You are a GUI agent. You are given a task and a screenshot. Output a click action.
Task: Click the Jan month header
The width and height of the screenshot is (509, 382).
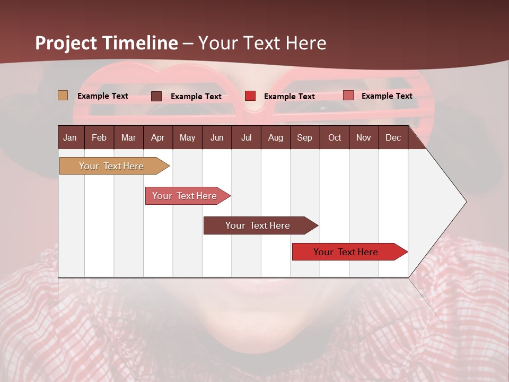pos(70,137)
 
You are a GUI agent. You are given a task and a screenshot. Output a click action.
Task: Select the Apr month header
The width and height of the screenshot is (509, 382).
pos(157,137)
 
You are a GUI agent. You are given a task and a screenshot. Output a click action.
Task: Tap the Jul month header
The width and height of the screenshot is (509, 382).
pos(246,137)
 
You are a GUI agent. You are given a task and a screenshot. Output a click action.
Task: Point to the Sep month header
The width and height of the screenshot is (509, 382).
pos(304,137)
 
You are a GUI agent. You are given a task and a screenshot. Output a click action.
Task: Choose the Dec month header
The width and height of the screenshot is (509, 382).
pos(393,137)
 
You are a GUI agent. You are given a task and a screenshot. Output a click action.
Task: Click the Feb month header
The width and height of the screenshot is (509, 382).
pos(99,137)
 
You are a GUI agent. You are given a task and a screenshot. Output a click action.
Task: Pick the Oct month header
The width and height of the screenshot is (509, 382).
pos(335,137)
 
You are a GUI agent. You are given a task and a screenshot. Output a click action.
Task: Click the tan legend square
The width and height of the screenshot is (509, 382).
pos(63,95)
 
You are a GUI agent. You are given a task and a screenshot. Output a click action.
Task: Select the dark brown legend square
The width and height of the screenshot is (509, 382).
pos(156,96)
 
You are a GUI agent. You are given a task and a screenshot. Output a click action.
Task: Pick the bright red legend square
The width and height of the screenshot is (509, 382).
pos(250,96)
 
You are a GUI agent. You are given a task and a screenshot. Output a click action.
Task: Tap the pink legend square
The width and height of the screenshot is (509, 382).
pos(348,95)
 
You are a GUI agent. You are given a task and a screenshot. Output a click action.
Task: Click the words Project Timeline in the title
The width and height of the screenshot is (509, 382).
pos(107,43)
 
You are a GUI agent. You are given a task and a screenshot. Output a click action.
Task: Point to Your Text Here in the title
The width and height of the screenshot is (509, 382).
pos(262,43)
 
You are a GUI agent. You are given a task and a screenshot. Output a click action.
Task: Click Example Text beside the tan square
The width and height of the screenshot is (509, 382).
pos(103,96)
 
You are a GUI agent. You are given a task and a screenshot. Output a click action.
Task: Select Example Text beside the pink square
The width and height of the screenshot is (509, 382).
pos(387,96)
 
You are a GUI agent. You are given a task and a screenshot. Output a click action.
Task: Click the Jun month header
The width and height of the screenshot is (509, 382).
pos(217,137)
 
